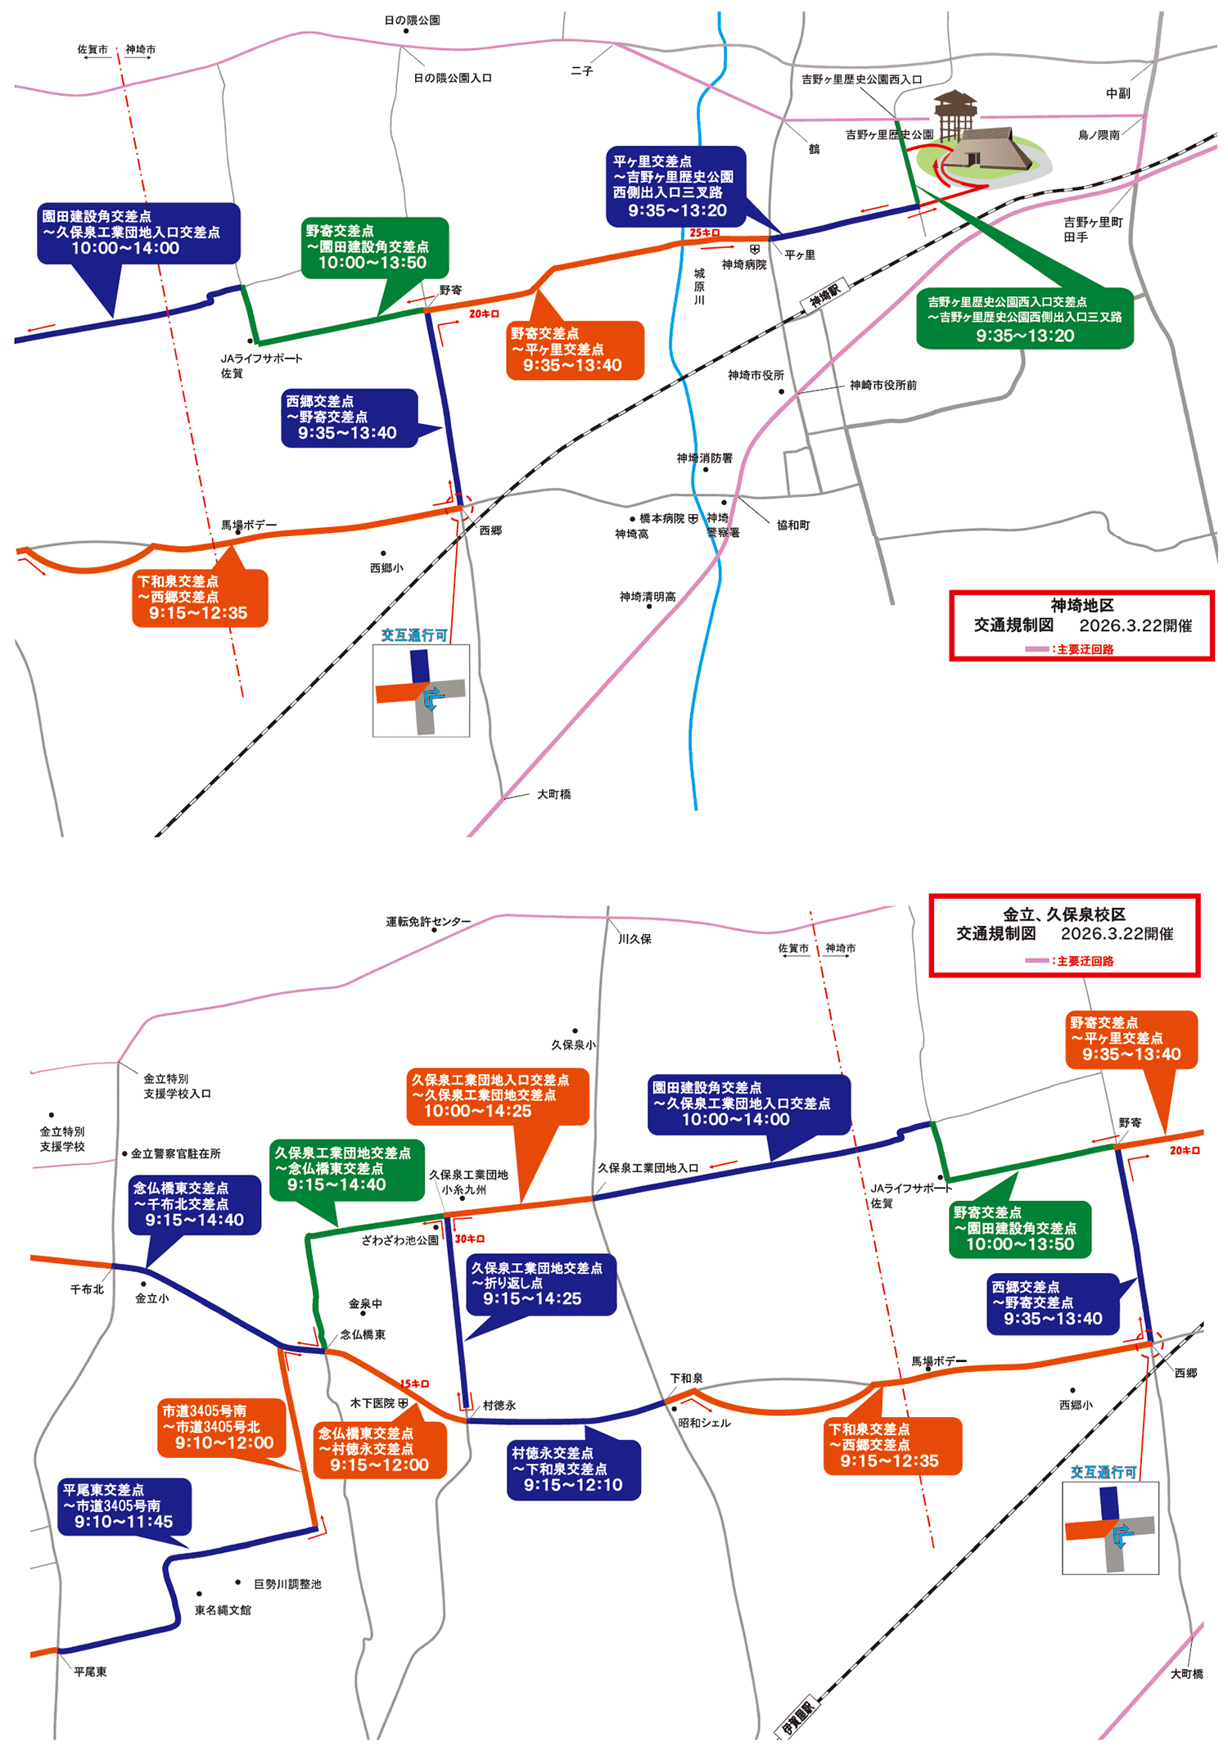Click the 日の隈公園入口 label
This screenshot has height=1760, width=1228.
tap(452, 78)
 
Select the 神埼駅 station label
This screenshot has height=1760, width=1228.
tap(825, 296)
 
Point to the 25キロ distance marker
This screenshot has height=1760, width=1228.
tap(704, 233)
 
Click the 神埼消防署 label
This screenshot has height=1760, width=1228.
tap(704, 458)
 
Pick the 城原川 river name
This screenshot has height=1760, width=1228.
tap(699, 287)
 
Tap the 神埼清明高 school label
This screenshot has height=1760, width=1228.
tap(648, 597)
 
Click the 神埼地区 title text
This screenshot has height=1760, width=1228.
tap(1081, 606)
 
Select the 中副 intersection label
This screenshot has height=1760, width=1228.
tap(1117, 93)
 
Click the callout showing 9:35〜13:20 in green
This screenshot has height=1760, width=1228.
tap(1024, 319)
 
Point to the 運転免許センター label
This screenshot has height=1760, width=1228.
tap(428, 922)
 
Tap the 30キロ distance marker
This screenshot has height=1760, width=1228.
tap(470, 1239)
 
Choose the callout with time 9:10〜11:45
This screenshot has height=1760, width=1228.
tap(124, 1506)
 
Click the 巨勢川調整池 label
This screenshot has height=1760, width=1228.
tap(287, 1584)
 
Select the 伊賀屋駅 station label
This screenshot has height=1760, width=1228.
tap(797, 1718)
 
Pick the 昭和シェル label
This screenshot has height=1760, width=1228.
tap(704, 1423)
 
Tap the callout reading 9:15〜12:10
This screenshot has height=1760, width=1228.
tap(573, 1469)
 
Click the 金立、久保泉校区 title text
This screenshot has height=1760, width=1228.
tap(1063, 915)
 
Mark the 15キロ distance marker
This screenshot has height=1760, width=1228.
tap(414, 1384)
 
